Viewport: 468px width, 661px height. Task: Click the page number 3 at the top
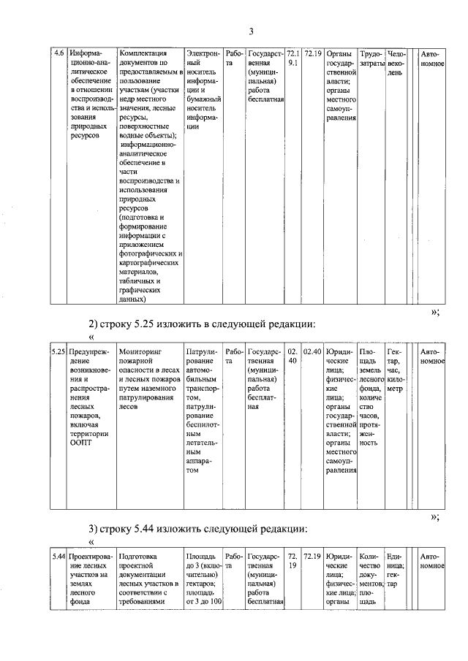(x=250, y=31)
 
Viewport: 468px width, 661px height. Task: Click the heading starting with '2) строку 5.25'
(x=203, y=323)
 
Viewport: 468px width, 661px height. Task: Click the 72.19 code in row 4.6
(x=312, y=54)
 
